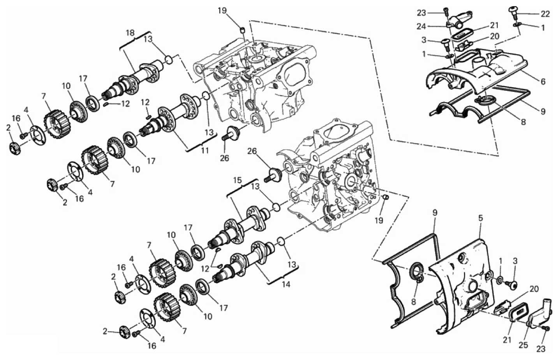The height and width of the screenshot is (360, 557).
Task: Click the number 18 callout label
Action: [130, 33]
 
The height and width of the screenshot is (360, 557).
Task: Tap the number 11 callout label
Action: [204, 151]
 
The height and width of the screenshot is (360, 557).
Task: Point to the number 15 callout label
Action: [238, 180]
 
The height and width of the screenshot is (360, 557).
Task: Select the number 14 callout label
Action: [286, 284]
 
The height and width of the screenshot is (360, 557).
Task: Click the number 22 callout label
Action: [545, 14]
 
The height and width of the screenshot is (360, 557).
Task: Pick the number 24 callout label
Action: [422, 26]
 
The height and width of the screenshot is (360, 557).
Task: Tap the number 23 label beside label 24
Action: [421, 13]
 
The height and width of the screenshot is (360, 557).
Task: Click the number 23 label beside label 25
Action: [541, 349]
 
